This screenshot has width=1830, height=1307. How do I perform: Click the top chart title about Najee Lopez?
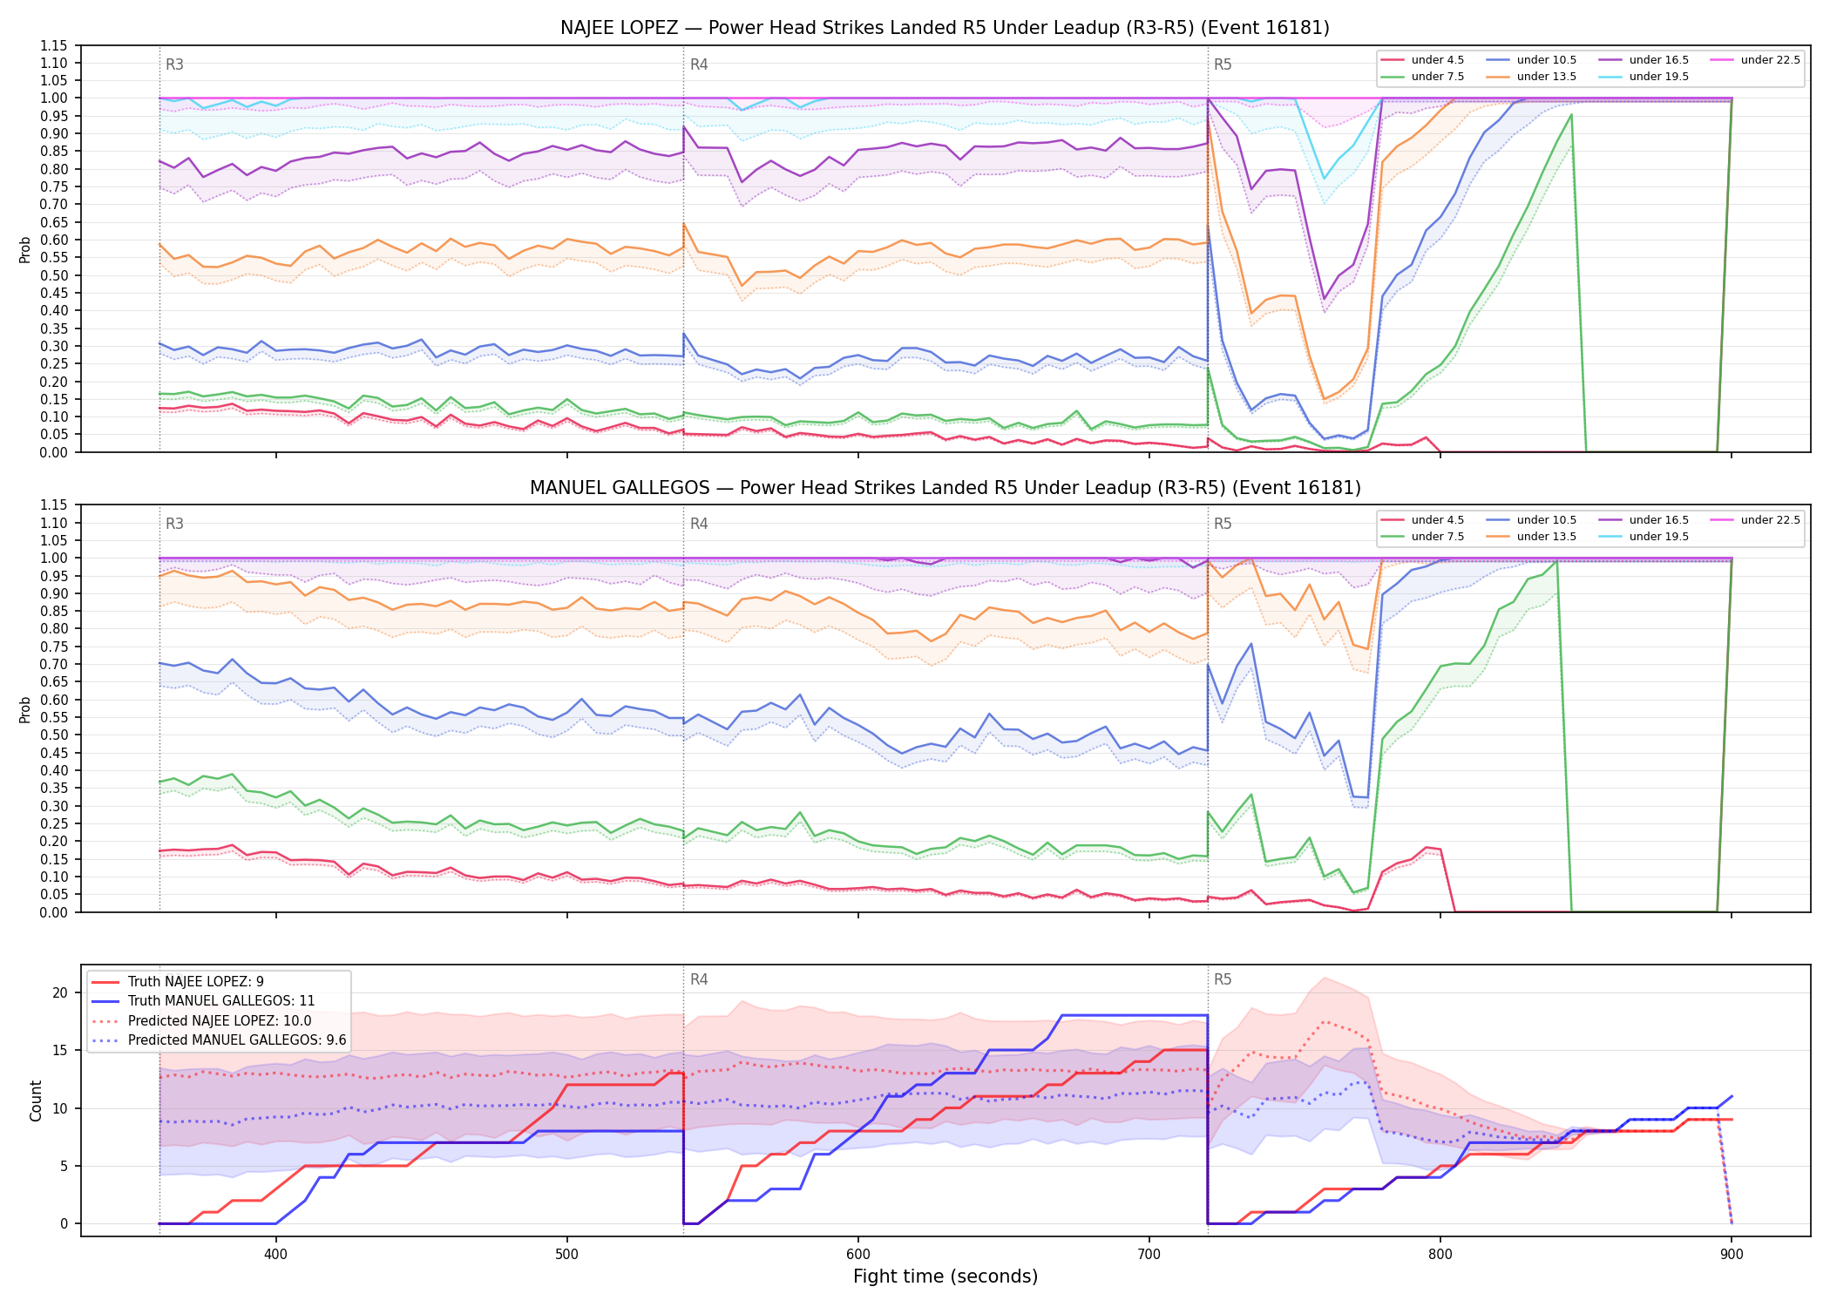click(x=945, y=28)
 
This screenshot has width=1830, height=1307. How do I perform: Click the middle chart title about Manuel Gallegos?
click(x=945, y=488)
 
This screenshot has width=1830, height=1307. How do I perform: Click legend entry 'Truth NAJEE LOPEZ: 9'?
click(x=195, y=982)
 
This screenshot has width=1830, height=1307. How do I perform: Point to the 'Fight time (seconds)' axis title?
click(x=945, y=1277)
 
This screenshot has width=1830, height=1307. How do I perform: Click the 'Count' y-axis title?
click(x=36, y=1100)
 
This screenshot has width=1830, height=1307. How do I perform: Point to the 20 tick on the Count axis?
click(x=60, y=992)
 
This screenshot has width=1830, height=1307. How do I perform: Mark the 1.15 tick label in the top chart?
click(x=54, y=45)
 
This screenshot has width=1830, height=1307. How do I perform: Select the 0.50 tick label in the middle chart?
click(x=54, y=735)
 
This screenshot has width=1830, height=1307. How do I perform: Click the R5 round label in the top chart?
click(x=1223, y=64)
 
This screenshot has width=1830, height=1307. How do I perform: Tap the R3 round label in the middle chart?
click(x=174, y=524)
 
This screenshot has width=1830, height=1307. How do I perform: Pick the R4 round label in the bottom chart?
click(x=699, y=979)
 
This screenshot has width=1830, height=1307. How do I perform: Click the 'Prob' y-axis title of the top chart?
click(x=25, y=250)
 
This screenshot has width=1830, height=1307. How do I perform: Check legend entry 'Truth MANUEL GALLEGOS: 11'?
click(x=221, y=1001)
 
